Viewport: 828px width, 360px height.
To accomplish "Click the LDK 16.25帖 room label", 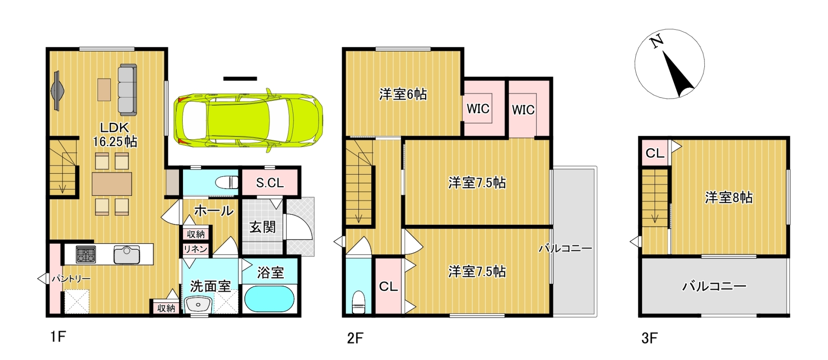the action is (115, 134).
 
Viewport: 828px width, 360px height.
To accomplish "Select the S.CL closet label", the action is (270, 183).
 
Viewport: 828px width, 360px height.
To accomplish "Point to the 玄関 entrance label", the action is (263, 227).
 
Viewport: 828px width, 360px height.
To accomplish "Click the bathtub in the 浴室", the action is (269, 299).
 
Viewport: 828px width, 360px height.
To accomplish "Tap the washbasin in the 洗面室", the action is (198, 304).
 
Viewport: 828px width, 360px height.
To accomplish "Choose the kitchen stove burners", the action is (86, 254).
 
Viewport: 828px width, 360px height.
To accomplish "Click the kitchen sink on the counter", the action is (126, 255).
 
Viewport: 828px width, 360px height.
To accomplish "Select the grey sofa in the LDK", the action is (127, 89).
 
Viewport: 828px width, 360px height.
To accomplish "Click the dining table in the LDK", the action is (112, 184).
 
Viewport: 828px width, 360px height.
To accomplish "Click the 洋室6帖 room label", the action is (403, 94).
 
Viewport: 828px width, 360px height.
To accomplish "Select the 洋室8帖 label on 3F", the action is (729, 198).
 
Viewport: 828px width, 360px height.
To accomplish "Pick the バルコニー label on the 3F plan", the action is (714, 286).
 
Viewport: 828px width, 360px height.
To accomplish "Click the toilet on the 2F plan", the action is (358, 301).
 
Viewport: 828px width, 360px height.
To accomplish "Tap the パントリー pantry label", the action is (71, 279).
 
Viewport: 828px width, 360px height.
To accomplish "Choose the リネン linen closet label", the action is (195, 249).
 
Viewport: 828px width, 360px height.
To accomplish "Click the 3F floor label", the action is (649, 338).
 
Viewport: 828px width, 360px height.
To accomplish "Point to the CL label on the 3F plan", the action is (655, 153).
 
